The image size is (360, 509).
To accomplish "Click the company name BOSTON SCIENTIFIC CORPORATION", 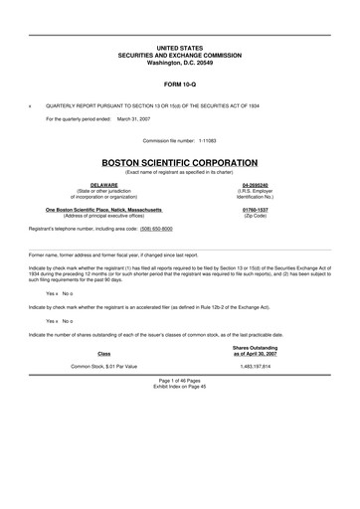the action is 179,162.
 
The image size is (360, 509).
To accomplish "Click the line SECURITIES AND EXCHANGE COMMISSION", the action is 179,54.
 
